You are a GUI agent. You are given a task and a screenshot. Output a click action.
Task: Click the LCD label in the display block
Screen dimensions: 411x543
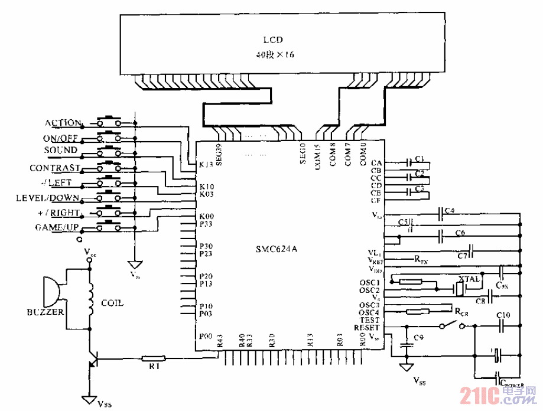[x=272, y=40]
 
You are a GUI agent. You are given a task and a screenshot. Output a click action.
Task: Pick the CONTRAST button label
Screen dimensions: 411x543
[x=54, y=168]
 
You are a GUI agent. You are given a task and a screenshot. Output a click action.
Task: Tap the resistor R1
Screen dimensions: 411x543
[x=155, y=358]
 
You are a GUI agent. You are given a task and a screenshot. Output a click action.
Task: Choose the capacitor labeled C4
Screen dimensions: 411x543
[x=440, y=214]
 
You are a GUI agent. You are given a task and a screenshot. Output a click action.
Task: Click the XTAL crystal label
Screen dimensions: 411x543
[x=470, y=278]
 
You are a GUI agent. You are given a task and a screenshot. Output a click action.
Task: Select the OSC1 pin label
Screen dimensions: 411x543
[x=370, y=282]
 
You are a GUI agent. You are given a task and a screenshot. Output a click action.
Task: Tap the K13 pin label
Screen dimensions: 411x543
[x=207, y=165]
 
